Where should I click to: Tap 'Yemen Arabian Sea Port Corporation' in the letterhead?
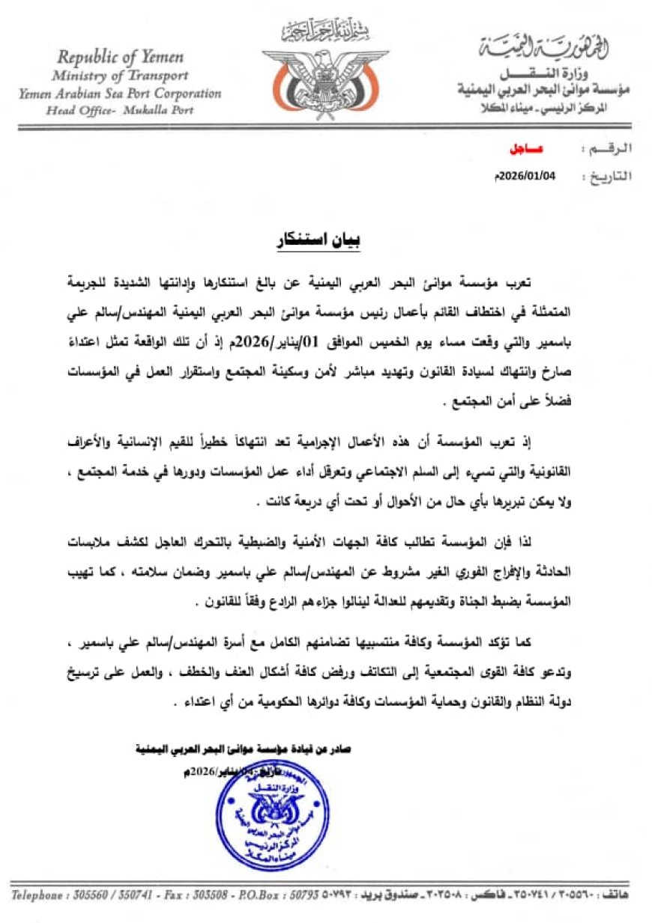[121, 94]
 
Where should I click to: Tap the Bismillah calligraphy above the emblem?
[325, 31]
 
